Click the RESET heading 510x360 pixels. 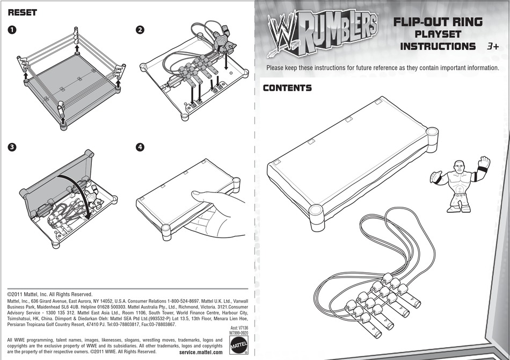[22, 12]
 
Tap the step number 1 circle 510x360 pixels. [12, 30]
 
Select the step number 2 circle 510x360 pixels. [140, 30]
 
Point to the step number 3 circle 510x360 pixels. [12, 147]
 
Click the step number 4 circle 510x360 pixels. [140, 147]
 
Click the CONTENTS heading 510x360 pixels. [287, 88]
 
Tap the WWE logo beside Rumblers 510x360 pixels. [280, 32]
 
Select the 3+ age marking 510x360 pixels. [492, 47]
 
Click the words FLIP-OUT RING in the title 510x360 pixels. [438, 22]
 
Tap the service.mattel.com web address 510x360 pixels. [200, 352]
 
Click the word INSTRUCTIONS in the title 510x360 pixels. [438, 47]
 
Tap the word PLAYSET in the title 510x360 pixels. [438, 34]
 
